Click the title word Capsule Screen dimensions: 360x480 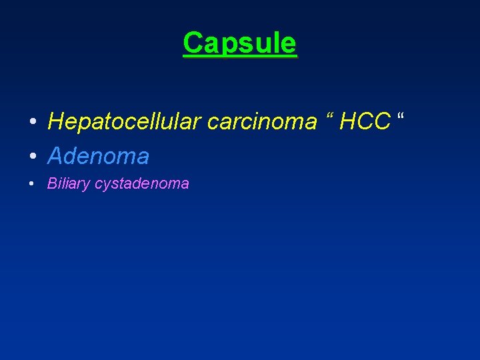click(x=239, y=43)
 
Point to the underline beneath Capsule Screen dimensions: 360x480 click(x=239, y=57)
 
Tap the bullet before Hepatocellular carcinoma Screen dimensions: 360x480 click(x=32, y=123)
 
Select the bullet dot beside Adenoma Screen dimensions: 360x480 click(x=32, y=157)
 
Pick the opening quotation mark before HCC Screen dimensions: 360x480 click(x=330, y=116)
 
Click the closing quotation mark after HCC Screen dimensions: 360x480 click(x=401, y=116)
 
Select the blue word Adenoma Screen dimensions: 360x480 click(x=98, y=157)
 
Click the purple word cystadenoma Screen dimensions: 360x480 click(x=142, y=184)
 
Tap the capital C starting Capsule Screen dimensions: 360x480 click(x=192, y=43)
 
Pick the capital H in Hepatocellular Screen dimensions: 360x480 click(x=55, y=121)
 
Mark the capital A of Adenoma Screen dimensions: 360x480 click(x=56, y=157)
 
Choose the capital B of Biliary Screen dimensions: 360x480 click(x=51, y=183)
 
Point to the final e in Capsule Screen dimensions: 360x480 click(x=288, y=45)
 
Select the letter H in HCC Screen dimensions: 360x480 click(x=348, y=121)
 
